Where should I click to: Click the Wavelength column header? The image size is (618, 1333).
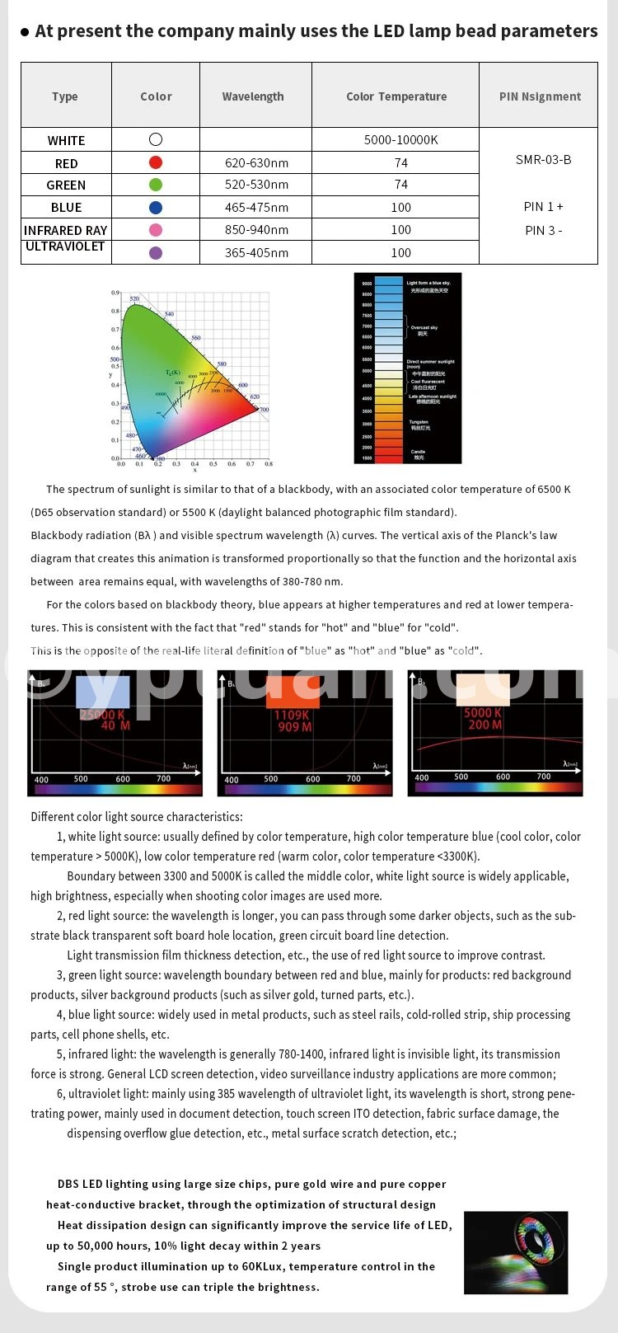click(x=253, y=96)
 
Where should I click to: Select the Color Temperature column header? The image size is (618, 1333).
click(x=396, y=96)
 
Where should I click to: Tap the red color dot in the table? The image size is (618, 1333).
click(x=156, y=162)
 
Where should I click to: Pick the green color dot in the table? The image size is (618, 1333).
click(x=156, y=185)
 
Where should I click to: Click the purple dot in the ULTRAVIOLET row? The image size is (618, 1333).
click(x=156, y=253)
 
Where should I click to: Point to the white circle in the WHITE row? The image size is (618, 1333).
click(x=156, y=140)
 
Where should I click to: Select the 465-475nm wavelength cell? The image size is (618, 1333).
click(x=256, y=208)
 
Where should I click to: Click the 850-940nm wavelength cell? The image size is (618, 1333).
click(x=256, y=230)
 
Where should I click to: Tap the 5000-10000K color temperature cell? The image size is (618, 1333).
click(x=400, y=140)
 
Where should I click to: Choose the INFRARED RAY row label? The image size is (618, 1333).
click(x=66, y=230)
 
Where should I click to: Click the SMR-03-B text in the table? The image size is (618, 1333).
click(x=543, y=159)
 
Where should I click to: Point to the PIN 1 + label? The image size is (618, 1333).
click(x=544, y=206)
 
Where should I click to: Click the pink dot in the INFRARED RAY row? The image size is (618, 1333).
click(x=156, y=230)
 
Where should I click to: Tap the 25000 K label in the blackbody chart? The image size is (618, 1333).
click(x=103, y=714)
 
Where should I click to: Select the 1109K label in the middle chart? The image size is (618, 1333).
click(x=292, y=715)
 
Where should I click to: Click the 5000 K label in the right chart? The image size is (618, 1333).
click(x=482, y=712)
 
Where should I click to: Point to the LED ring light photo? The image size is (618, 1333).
click(x=517, y=1252)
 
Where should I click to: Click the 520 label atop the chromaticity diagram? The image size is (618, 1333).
click(x=134, y=298)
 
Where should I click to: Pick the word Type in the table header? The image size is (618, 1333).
click(x=65, y=96)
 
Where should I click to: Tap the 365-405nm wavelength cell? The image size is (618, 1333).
click(x=256, y=253)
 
